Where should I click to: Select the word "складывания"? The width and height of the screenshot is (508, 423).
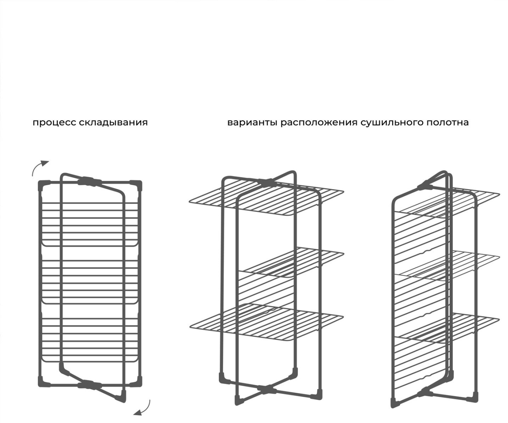(113, 123)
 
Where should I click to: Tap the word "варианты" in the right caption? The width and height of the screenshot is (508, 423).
(252, 123)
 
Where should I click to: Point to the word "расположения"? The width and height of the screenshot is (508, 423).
(319, 123)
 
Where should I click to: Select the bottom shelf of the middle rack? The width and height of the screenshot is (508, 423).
(267, 322)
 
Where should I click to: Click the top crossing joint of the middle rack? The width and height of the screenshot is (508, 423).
(266, 182)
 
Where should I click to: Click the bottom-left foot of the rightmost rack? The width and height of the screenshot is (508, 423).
(395, 409)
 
